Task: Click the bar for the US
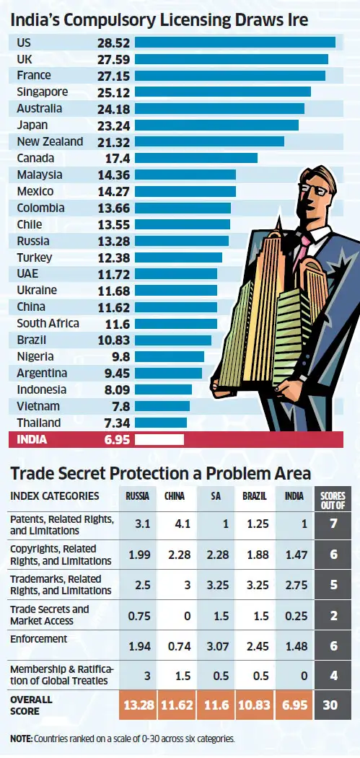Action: coord(234,43)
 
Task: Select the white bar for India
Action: coord(159,439)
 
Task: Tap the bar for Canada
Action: coord(196,158)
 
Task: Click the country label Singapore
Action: coord(43,92)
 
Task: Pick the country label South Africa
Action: coord(48,323)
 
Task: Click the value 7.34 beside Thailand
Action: coord(118,423)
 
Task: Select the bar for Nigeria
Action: coord(170,356)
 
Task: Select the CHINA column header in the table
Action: coord(175,496)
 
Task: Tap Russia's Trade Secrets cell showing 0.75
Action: coord(138,615)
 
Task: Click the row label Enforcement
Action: coord(38,639)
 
